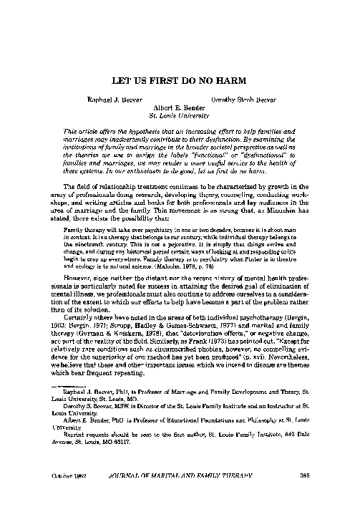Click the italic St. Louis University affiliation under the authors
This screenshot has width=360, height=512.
[179, 113]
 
